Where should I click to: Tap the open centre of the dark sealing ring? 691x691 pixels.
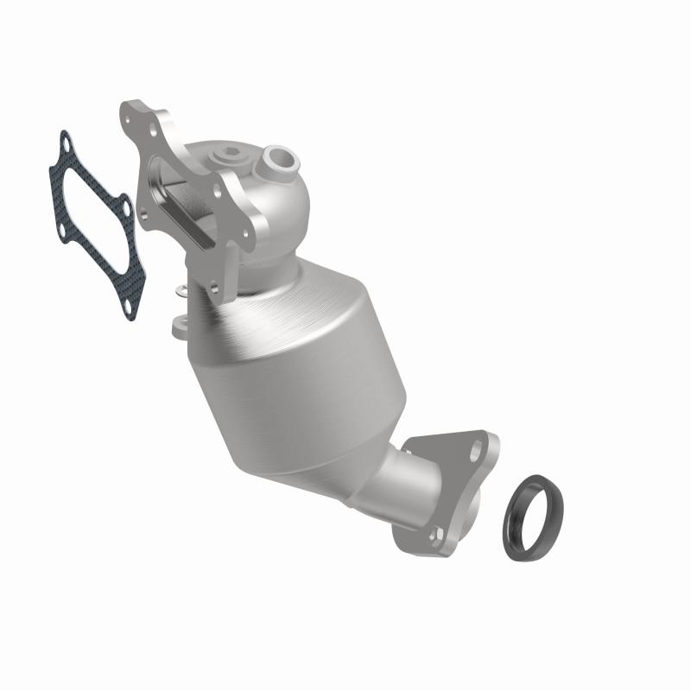[x=533, y=503]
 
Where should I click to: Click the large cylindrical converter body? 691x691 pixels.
[x=285, y=363]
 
